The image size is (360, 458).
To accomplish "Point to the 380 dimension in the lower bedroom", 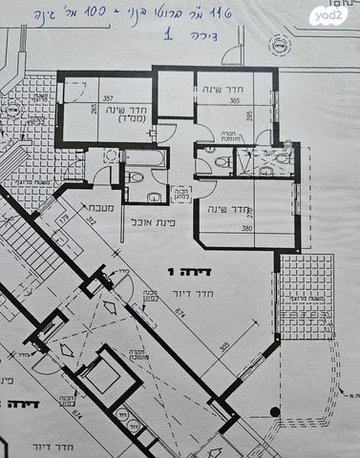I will (247, 229).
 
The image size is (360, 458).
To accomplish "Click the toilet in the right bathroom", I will (221, 162).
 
